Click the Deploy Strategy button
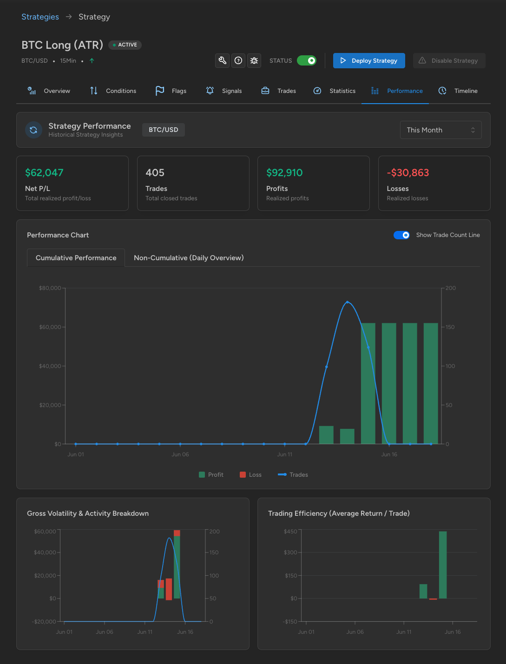coord(368,60)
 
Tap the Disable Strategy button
coord(449,60)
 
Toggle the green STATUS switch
coord(306,60)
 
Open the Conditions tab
coord(113,91)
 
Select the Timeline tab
coord(458,91)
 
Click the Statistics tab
coord(334,91)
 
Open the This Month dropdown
coord(440,130)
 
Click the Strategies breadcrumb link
coord(40,17)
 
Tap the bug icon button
coord(254,60)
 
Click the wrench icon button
coord(222,60)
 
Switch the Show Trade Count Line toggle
coord(401,235)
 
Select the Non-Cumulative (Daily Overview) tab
coord(189,258)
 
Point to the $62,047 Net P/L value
coord(44,173)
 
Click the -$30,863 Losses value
coord(407,173)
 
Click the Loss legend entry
coord(250,474)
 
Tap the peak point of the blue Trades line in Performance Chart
coord(348,302)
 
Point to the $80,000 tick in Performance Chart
coord(50,288)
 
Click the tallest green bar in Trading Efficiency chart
coord(443,565)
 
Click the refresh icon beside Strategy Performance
coord(33,130)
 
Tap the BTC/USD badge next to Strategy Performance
coord(164,130)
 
